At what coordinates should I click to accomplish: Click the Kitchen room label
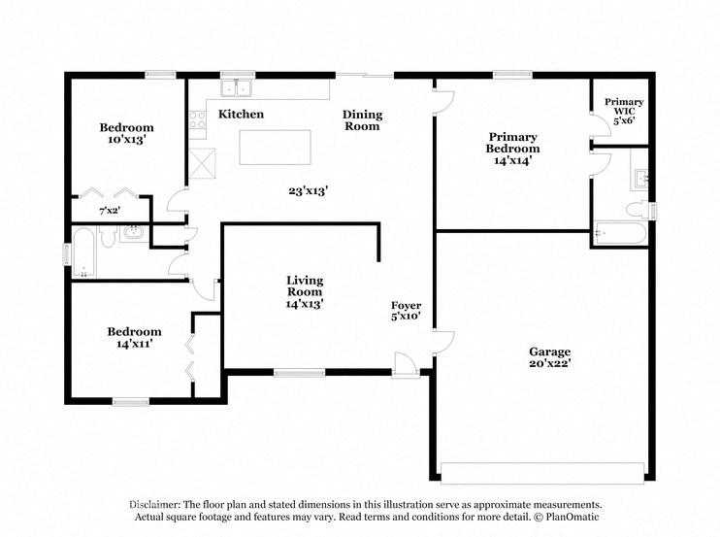click(x=241, y=115)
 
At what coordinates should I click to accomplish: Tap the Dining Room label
click(x=362, y=120)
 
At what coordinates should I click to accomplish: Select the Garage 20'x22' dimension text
click(x=549, y=363)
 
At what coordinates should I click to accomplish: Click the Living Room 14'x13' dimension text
click(x=304, y=303)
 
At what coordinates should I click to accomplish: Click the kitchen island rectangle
click(x=275, y=147)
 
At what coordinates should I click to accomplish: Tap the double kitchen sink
click(x=236, y=89)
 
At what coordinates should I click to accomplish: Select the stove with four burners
click(x=198, y=121)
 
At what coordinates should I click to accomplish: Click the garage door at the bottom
click(x=542, y=473)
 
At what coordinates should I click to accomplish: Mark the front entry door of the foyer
click(x=406, y=364)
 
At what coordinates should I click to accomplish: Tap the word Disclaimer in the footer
click(x=158, y=505)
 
